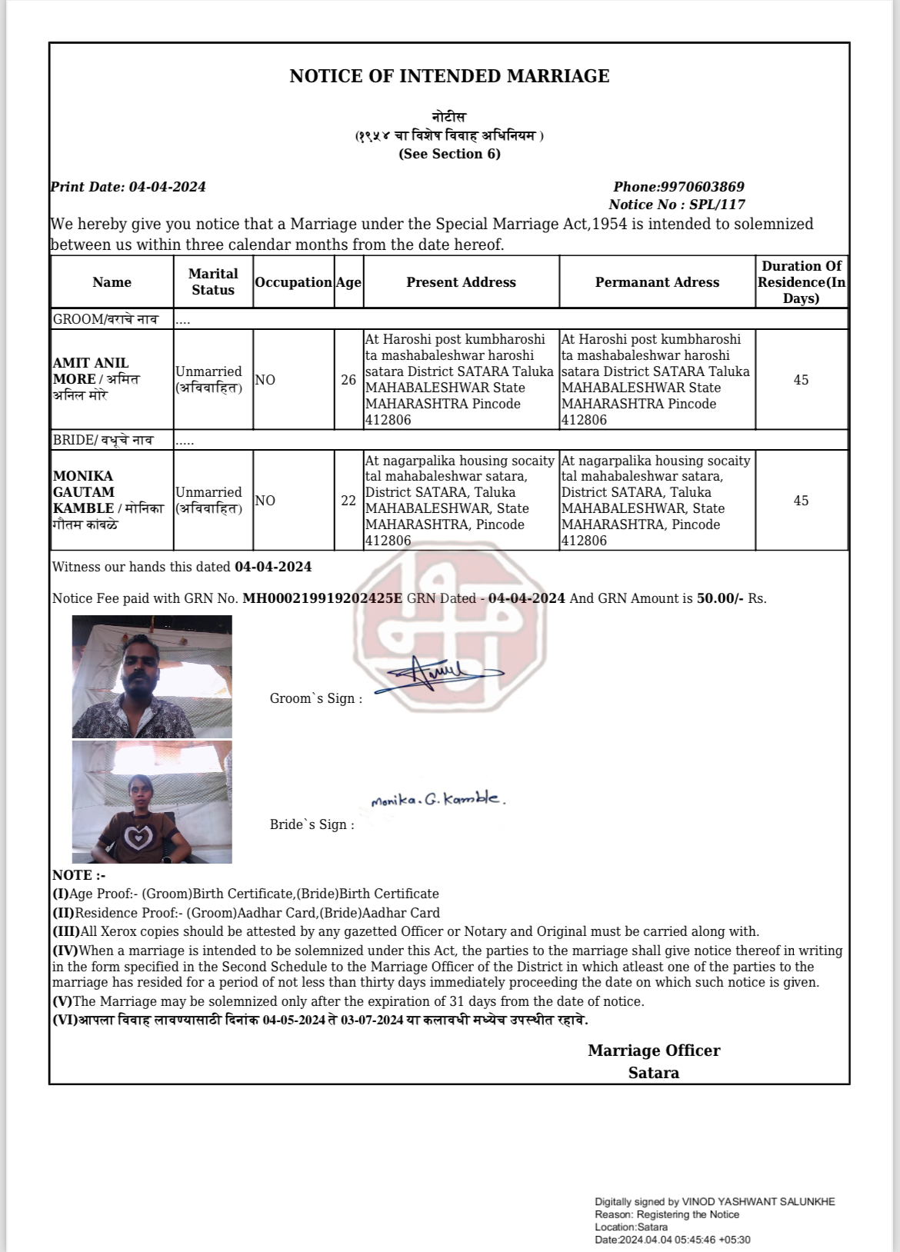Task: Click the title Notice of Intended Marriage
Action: coord(449,76)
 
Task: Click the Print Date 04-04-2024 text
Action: coord(128,187)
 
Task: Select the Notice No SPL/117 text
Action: coord(677,205)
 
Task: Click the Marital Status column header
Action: coord(213,281)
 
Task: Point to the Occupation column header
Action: coord(293,282)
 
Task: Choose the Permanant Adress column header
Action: coord(657,282)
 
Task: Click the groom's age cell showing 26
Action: coord(348,380)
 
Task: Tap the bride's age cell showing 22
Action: coord(348,501)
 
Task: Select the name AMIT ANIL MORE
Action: coord(91,371)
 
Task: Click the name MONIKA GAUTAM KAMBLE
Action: coord(84,492)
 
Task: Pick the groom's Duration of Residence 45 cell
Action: coord(801,380)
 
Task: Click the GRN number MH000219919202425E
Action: coord(322,598)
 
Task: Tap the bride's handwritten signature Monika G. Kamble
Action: coord(438,800)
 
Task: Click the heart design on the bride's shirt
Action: coord(138,837)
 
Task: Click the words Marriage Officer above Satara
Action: coord(654,1051)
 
